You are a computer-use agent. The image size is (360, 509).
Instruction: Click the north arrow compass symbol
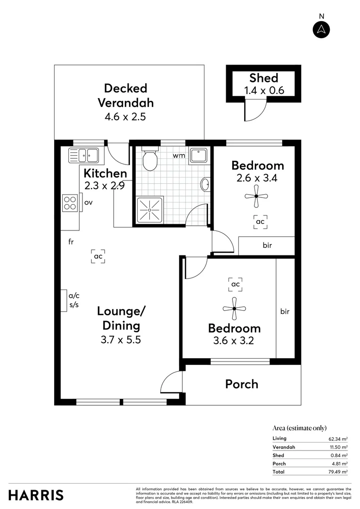point(322,29)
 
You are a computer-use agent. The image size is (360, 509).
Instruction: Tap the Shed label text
point(263,78)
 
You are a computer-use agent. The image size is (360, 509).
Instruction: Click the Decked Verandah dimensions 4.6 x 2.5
point(125,116)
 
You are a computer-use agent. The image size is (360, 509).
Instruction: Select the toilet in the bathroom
point(150,160)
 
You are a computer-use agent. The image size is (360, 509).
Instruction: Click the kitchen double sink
point(83,155)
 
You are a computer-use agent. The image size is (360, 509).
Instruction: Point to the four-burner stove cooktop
point(70,203)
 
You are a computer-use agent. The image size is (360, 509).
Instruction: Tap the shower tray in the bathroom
point(148,209)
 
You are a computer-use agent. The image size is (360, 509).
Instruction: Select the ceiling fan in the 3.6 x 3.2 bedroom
point(234,309)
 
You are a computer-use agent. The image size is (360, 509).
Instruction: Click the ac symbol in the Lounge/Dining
point(98,256)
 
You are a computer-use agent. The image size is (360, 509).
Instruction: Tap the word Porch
point(242,384)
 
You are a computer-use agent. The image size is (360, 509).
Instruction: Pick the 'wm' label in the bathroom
point(178,155)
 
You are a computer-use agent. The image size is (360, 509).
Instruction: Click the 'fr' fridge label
point(71,242)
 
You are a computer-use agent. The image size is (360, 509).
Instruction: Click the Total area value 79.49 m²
point(338,472)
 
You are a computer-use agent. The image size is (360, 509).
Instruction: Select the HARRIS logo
point(36,495)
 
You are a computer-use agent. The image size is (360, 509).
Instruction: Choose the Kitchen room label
point(105,173)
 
